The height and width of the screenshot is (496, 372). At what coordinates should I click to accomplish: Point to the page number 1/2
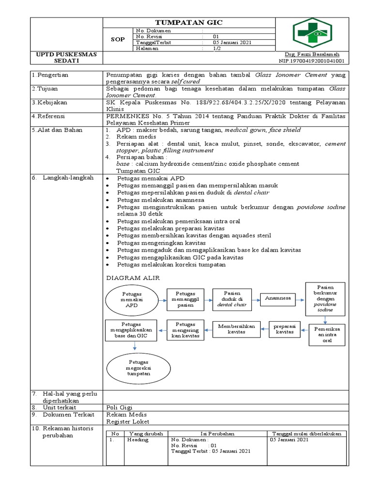(x=217, y=48)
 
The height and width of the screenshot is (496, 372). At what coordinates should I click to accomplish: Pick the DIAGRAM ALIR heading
(x=133, y=278)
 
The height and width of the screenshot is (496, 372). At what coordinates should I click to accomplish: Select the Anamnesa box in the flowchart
(x=278, y=298)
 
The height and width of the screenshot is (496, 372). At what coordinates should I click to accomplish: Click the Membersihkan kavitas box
(x=236, y=329)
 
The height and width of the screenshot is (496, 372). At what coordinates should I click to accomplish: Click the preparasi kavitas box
(x=285, y=329)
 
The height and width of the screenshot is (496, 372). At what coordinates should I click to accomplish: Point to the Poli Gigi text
(x=120, y=407)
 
